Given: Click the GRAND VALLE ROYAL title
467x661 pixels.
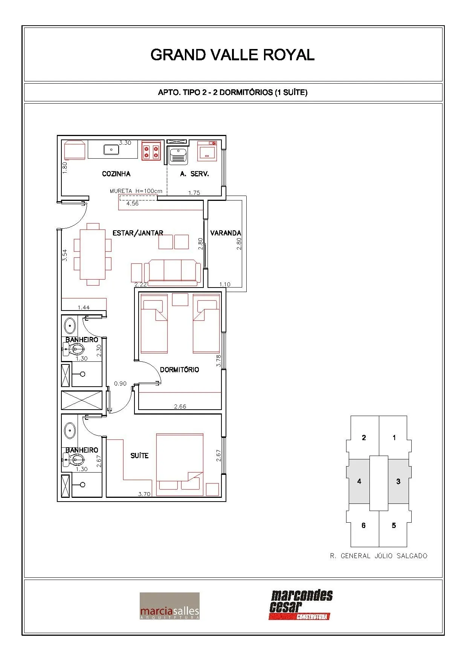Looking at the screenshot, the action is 232,55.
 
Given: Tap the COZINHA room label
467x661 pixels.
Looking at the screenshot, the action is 116,174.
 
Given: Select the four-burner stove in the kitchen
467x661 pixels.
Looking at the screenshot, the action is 151,151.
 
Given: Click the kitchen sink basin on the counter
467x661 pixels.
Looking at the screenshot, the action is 111,150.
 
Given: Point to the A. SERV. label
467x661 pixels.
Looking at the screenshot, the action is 194,174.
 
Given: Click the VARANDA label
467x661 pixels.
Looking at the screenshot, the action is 226,233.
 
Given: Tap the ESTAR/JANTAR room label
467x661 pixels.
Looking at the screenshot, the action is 138,233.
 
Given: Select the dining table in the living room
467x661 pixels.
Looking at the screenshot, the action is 93,254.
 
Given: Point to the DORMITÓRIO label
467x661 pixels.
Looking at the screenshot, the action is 180,370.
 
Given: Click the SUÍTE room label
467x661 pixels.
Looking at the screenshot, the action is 139,456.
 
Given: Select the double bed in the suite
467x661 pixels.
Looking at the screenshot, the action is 180,464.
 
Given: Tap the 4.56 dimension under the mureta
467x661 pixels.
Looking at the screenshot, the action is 133,204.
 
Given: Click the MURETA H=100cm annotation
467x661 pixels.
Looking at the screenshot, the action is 136,191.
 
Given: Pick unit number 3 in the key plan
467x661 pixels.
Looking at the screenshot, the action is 398,481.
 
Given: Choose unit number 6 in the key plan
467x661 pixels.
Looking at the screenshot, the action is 363,525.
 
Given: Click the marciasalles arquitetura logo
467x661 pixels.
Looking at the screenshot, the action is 169,606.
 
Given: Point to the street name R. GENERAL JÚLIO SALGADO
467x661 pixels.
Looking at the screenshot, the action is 378,556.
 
